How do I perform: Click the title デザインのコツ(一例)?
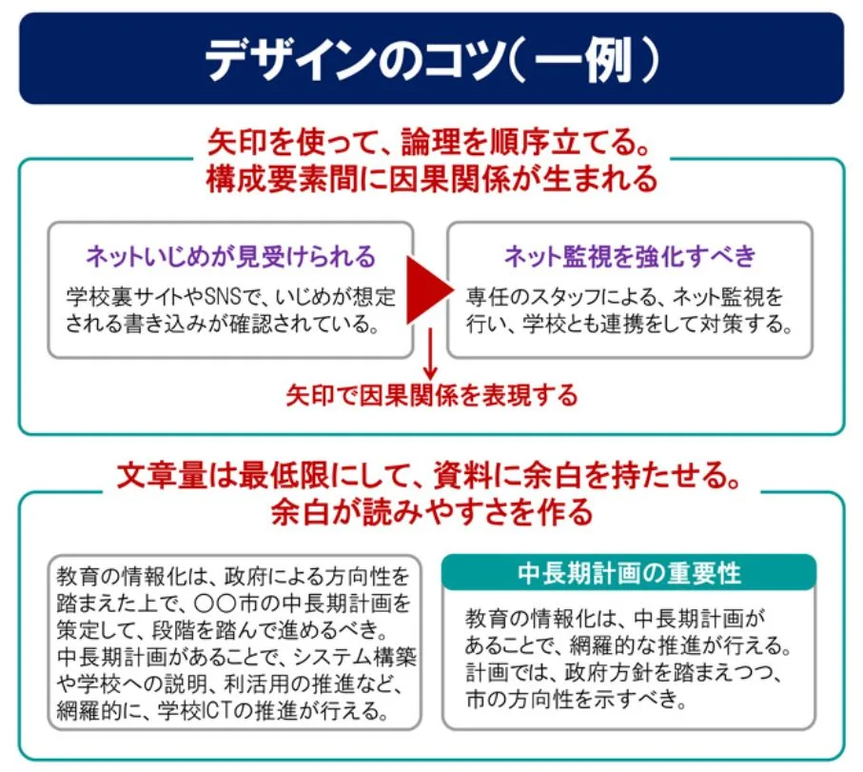[431, 58]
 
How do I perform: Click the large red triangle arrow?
[428, 289]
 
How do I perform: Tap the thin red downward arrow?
[430, 356]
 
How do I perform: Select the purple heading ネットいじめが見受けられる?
[230, 256]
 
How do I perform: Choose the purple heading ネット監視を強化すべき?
[630, 256]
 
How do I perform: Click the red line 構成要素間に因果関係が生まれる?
[432, 178]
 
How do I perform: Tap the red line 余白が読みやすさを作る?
[432, 513]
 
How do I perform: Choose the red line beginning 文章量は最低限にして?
[432, 475]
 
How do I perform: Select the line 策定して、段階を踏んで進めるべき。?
[220, 629]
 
